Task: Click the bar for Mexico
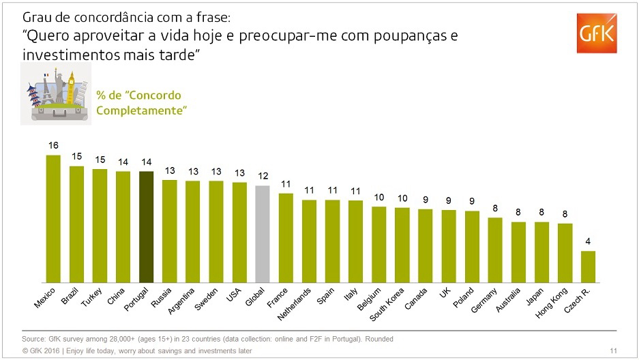pyautogui.click(x=53, y=219)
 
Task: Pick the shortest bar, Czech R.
pyautogui.click(x=588, y=267)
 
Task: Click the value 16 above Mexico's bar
pyautogui.click(x=53, y=146)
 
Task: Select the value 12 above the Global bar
pyautogui.click(x=263, y=176)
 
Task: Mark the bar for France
pyautogui.click(x=286, y=238)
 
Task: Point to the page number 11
pyautogui.click(x=614, y=350)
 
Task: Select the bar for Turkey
pyautogui.click(x=100, y=226)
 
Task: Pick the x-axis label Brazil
pyautogui.click(x=70, y=297)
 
